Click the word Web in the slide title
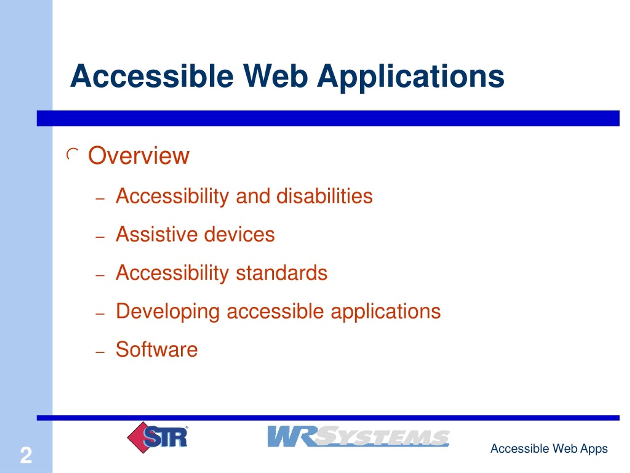tap(276, 76)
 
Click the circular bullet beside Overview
tap(72, 154)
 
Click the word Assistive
tap(156, 234)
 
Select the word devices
tap(239, 234)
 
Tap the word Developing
tap(168, 312)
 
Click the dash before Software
tap(100, 352)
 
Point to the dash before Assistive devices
tap(100, 237)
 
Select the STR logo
tap(157, 437)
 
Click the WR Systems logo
tap(358, 436)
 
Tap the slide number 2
tap(26, 456)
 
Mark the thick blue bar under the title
tap(328, 118)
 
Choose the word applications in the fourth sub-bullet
tap(386, 312)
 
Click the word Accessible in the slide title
tap(152, 76)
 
